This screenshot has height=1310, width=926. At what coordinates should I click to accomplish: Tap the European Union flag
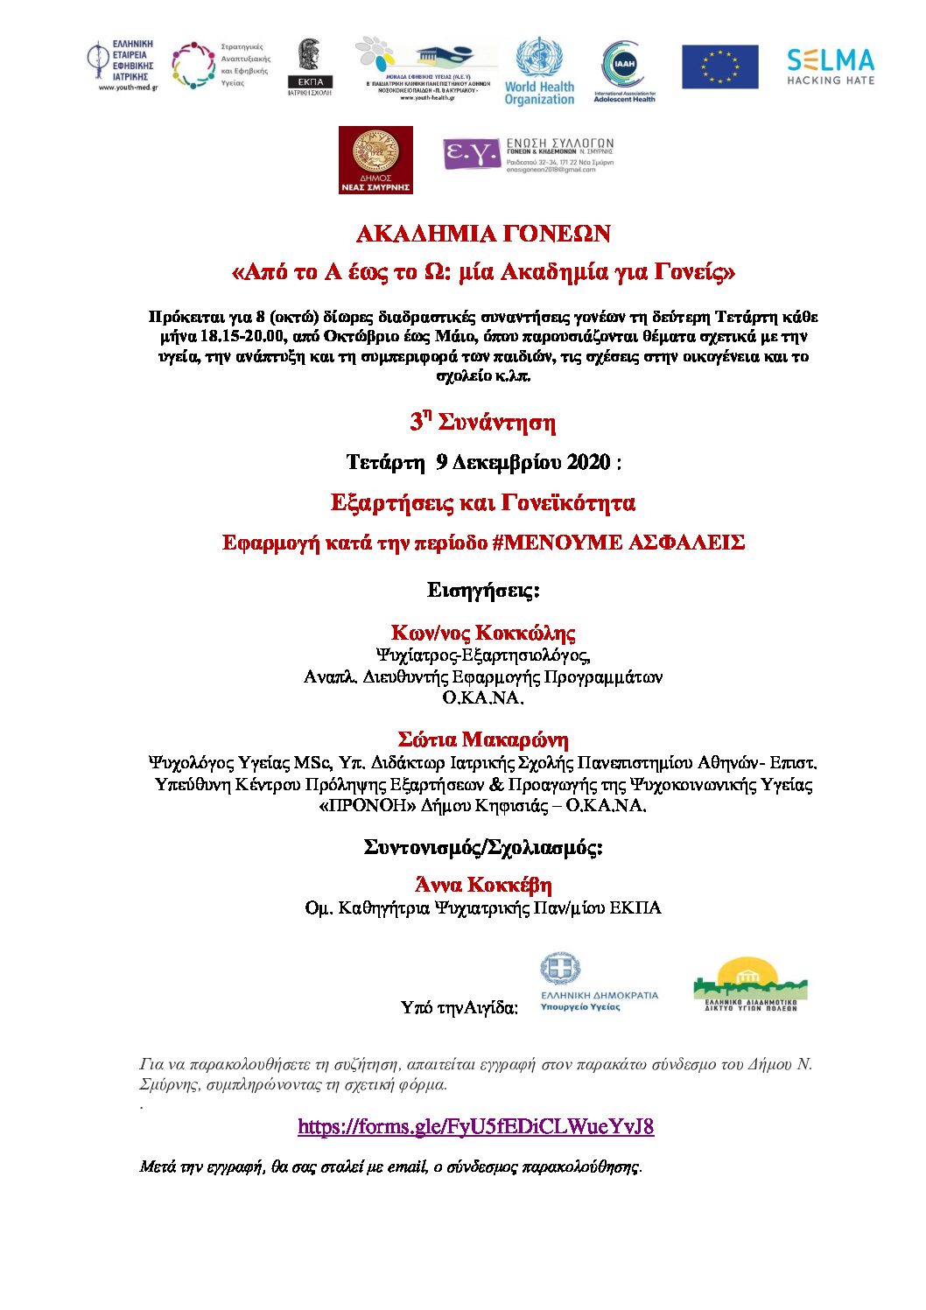(x=719, y=67)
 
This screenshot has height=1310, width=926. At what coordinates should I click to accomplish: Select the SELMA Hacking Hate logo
(x=830, y=67)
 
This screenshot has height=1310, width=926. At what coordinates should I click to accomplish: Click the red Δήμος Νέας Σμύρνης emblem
(x=375, y=159)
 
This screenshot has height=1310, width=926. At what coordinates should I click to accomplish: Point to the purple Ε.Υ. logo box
(x=471, y=154)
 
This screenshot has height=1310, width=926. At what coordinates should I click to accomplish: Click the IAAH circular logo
(x=624, y=70)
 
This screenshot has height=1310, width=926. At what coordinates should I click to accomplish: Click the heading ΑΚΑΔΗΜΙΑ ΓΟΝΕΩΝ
(x=483, y=235)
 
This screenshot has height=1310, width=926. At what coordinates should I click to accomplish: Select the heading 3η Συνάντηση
(x=483, y=423)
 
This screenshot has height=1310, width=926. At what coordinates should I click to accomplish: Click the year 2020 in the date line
(x=588, y=462)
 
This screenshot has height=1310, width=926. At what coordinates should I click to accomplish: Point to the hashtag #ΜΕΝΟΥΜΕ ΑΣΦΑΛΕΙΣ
(x=618, y=543)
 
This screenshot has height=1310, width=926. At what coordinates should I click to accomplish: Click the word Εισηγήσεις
(x=483, y=591)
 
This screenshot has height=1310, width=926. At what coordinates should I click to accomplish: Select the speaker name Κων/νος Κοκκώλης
(x=483, y=633)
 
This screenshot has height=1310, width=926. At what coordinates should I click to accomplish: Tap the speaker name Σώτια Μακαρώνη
(x=483, y=740)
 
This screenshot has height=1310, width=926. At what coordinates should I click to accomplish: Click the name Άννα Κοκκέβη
(x=483, y=885)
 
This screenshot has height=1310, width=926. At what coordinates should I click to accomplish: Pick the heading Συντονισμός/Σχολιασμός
(x=483, y=847)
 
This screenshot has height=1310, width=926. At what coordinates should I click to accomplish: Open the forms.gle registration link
(x=475, y=1126)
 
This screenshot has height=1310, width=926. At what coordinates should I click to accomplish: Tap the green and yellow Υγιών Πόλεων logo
(x=750, y=984)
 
